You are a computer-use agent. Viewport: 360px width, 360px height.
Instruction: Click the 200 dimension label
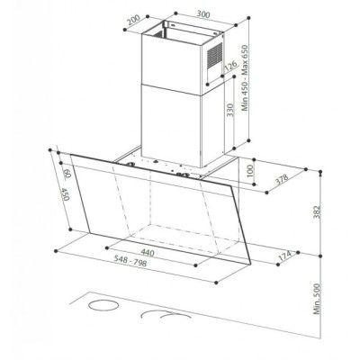pos(134,20)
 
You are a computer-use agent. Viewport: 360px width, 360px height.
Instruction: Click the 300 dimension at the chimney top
pos(203,14)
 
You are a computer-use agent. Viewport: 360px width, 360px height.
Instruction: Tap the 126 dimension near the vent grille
pos(230,66)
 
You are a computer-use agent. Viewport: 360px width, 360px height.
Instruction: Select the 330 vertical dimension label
pos(230,110)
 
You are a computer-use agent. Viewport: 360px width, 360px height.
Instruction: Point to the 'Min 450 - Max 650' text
pos(245,78)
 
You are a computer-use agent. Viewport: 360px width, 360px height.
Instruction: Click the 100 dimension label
pos(250,170)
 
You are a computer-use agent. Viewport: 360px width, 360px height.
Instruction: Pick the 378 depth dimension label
pos(282,179)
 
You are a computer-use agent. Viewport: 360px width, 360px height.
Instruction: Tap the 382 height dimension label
pos(317,211)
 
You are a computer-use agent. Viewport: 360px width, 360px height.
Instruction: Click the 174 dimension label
pos(284,256)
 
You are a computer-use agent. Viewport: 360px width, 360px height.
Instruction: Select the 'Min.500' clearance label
pos(317,299)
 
